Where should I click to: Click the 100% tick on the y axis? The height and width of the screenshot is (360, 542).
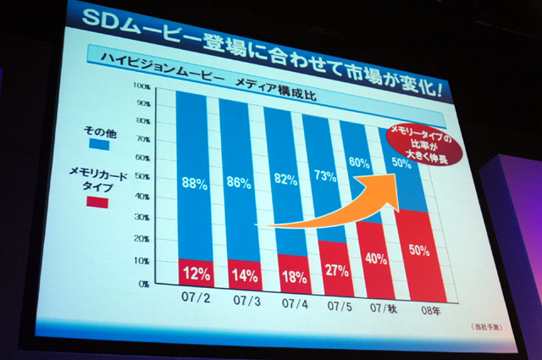141,86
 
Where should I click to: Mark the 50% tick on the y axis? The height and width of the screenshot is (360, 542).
142,178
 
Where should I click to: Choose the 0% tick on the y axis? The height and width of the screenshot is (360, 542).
145,282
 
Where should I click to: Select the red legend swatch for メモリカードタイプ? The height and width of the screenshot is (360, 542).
97,202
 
